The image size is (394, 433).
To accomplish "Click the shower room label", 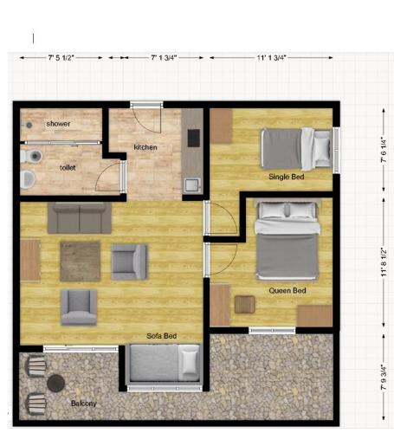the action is pos(58,124).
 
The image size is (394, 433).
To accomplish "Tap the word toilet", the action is pos(68,168).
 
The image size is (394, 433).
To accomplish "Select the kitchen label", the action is pos(145,147).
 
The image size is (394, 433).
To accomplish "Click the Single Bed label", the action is pos(287,177).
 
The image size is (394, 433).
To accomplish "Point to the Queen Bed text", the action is pos(287,290).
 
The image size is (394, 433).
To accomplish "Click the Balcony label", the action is pos(84,404).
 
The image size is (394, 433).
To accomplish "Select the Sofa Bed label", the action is pos(161,336).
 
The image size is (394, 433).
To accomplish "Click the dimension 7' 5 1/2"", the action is pos(61,58).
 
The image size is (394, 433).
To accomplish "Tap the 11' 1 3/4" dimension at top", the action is pos(271,58).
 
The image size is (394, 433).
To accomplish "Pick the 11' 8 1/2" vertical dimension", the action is pos(384,262).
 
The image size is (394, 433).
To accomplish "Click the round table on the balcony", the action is pos(56,384).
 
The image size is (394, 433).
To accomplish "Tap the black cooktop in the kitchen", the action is pos(194,138).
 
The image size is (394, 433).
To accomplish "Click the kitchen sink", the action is pos(192,185).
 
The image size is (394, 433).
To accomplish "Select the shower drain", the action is pos(29,125).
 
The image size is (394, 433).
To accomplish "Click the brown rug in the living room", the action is pos(81,262).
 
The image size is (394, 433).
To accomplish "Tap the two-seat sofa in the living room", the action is pos(80,217).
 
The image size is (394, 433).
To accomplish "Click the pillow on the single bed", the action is pos(322,149).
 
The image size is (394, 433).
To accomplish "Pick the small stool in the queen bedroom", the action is pos(244,305).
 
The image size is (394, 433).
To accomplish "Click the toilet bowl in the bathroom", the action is pos(32,157).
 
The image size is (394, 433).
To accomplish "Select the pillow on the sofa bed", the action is pos(189,362).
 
